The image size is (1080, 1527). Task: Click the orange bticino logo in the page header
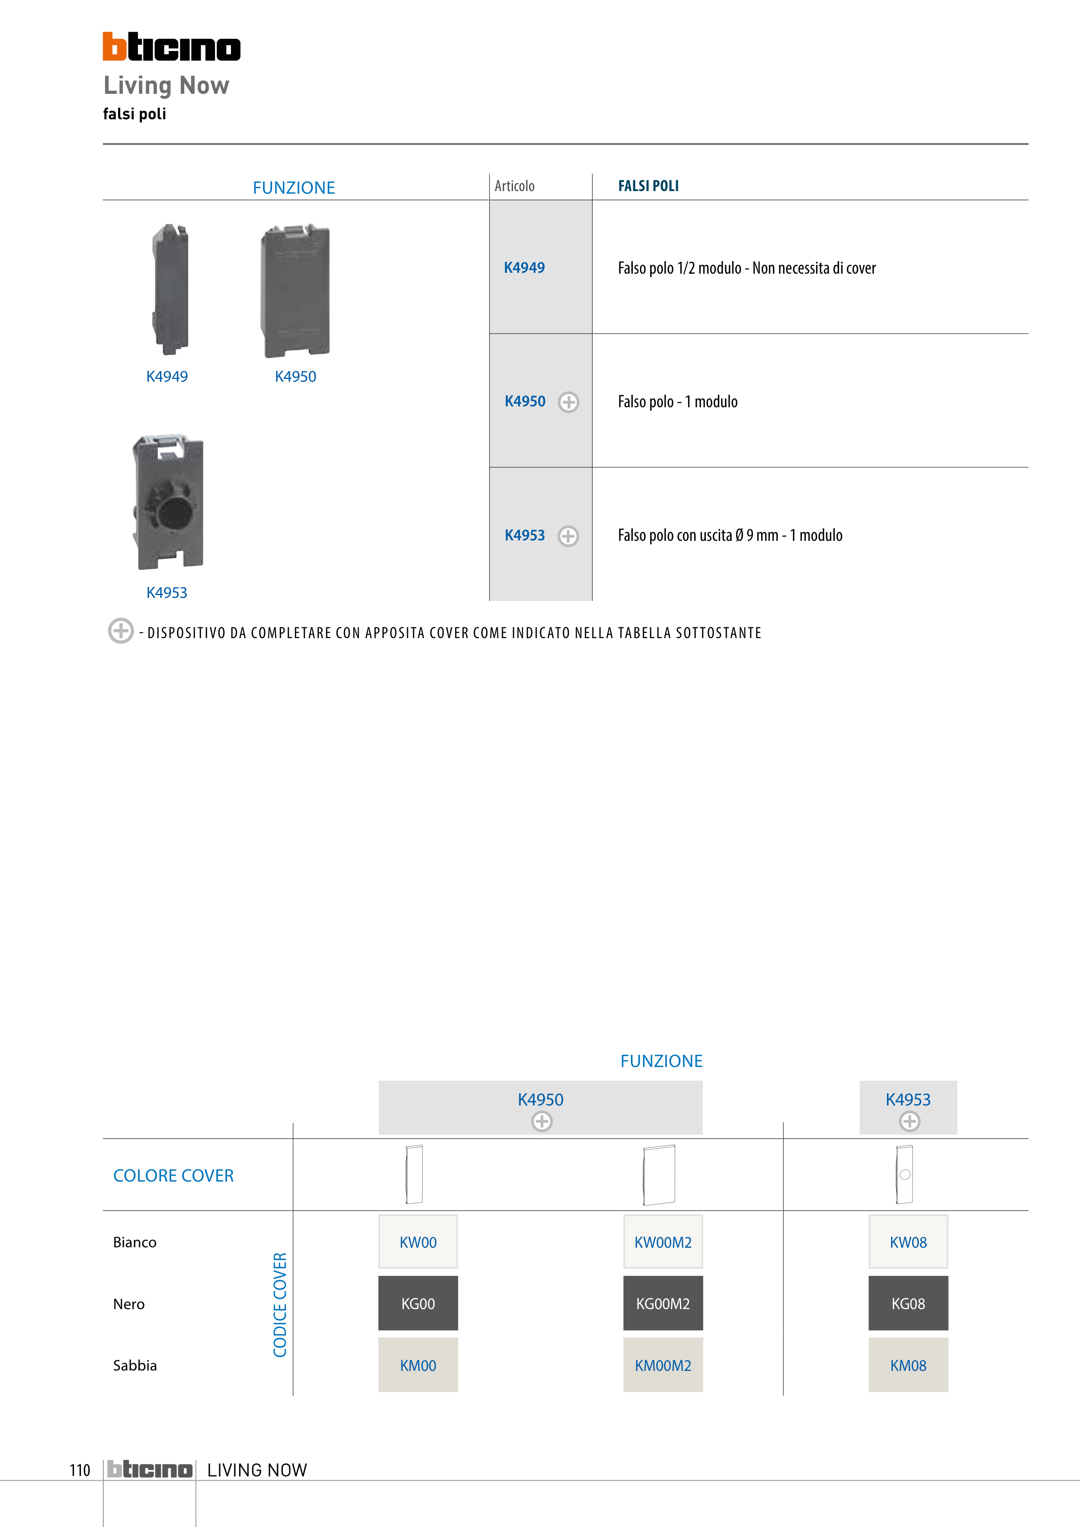coord(172,47)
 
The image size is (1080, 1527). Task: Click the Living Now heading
coord(167,85)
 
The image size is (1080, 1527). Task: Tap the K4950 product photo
coord(295,291)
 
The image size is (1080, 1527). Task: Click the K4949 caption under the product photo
coord(167,377)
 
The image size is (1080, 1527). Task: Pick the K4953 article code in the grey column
coord(524,535)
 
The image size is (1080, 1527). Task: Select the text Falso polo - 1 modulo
coord(677,402)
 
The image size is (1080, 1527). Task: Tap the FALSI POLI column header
coord(648,186)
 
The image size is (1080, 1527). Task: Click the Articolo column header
coord(514,186)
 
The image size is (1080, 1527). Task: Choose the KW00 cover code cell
coord(418,1242)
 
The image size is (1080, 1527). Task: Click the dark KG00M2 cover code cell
coord(663,1303)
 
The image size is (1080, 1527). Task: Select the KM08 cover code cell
coord(908,1365)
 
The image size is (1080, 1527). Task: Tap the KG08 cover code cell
coord(908,1303)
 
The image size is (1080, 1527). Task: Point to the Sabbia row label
coord(135,1365)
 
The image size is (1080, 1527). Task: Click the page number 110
coord(80,1470)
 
